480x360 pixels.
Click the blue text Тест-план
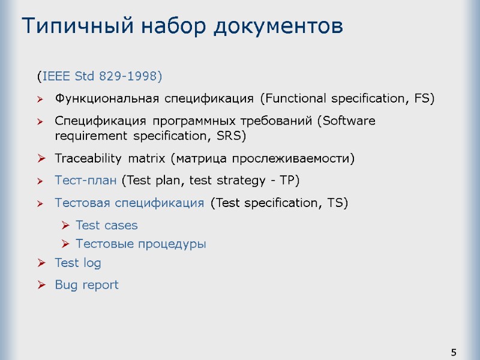coord(86,180)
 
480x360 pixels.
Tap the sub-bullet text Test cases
coord(107,226)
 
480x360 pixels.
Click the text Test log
coord(78,263)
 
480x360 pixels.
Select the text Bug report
coord(86,285)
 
